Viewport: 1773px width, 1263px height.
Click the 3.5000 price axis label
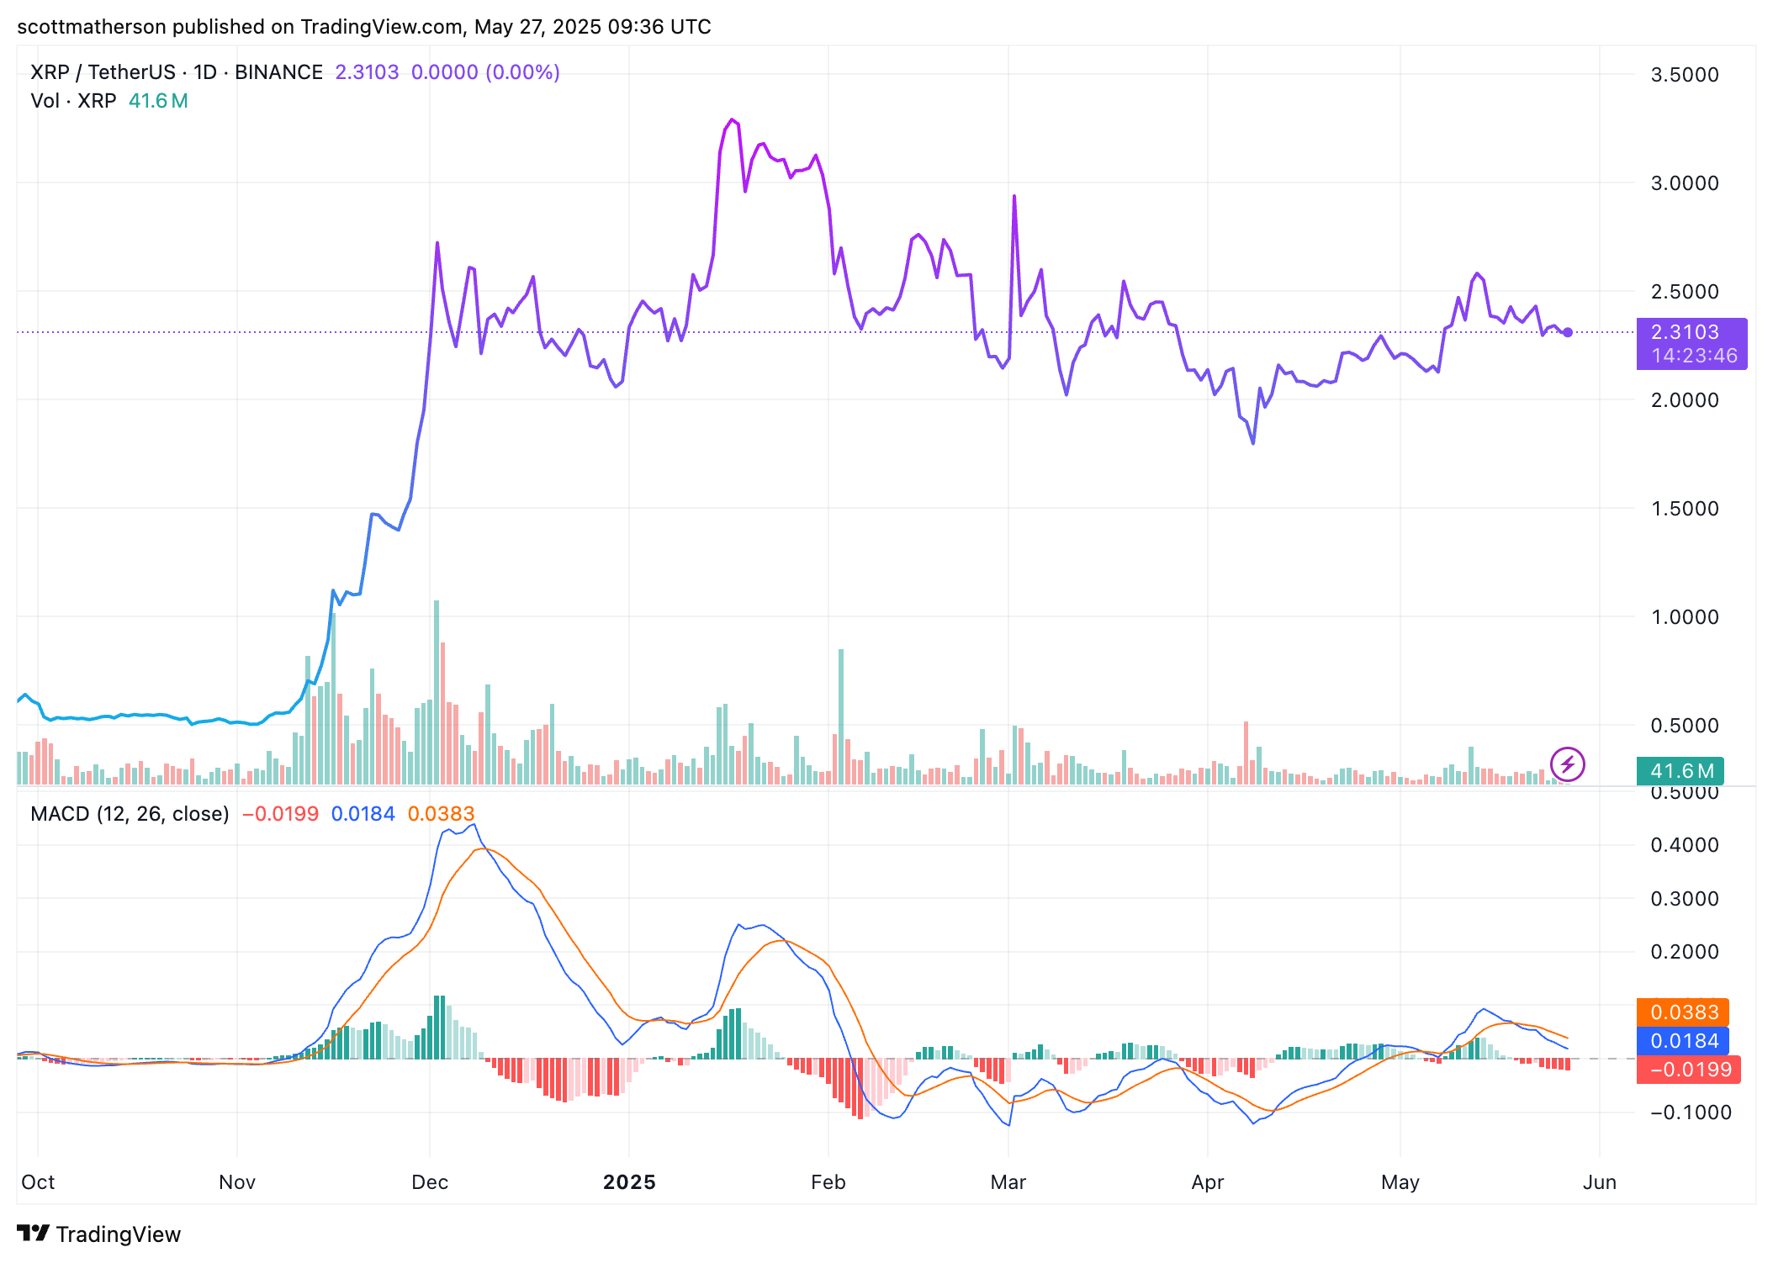pyautogui.click(x=1684, y=75)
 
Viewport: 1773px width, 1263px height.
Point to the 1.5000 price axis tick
pyautogui.click(x=1684, y=509)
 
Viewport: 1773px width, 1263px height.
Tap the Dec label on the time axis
pyautogui.click(x=429, y=1182)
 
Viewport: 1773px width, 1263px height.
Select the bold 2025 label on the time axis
pyautogui.click(x=629, y=1182)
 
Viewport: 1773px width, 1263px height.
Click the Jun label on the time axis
pyautogui.click(x=1599, y=1182)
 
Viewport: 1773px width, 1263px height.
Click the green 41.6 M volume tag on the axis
pyautogui.click(x=1680, y=771)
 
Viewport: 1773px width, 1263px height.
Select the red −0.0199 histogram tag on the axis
pyautogui.click(x=1689, y=1070)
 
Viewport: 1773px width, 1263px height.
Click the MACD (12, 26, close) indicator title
pyautogui.click(x=130, y=814)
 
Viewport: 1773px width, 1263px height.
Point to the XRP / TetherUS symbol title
pyautogui.click(x=103, y=72)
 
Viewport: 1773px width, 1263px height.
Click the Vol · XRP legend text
pyautogui.click(x=73, y=101)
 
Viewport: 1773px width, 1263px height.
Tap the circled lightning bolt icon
pyautogui.click(x=1567, y=764)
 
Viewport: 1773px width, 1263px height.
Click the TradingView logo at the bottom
pyautogui.click(x=99, y=1234)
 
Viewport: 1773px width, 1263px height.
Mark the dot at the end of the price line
pyautogui.click(x=1568, y=333)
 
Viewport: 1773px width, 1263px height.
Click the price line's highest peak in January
pyautogui.click(x=733, y=120)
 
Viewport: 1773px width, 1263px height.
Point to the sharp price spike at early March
pyautogui.click(x=1014, y=196)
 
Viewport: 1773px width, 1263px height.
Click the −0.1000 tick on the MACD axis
pyautogui.click(x=1684, y=1112)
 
